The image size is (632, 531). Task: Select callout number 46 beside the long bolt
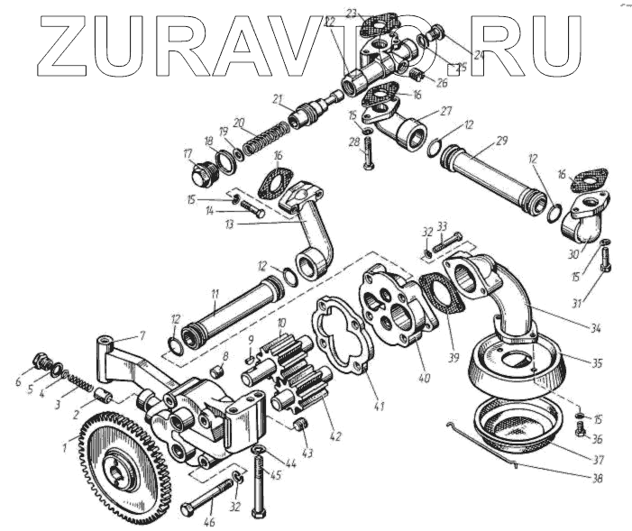pyautogui.click(x=209, y=522)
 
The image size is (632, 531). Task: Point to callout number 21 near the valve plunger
pyautogui.click(x=277, y=98)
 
